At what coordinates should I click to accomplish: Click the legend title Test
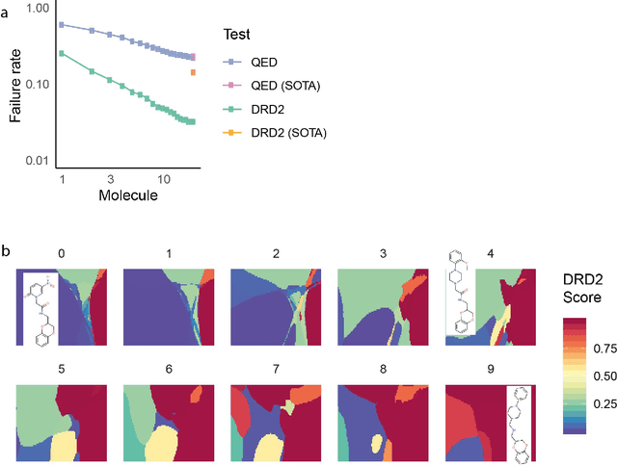coord(236,34)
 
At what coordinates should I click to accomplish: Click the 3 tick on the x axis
coord(111,180)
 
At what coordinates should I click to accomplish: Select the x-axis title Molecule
coord(127,196)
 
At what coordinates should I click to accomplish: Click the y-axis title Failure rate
coord(14,84)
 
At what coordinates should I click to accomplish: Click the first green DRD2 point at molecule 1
coord(62,54)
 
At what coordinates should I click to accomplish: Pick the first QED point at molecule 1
coord(62,24)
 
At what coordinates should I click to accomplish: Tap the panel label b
coord(7,252)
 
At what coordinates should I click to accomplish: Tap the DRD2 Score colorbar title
coord(582,288)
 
